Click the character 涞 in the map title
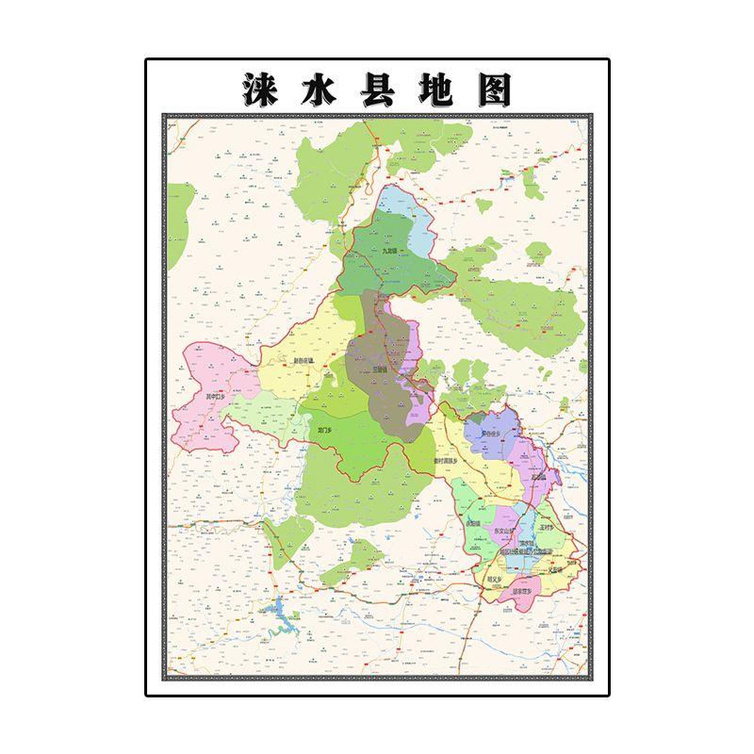click(261, 90)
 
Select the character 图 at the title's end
click(492, 90)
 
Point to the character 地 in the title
click(434, 90)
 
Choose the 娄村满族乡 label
click(446, 462)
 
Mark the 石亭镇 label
click(538, 477)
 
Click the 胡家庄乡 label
click(523, 592)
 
